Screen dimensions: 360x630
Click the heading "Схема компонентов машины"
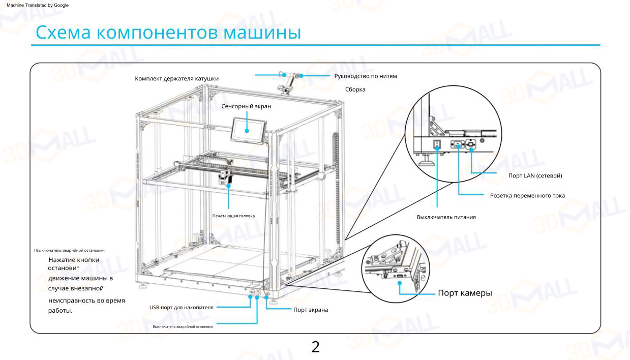click(x=168, y=33)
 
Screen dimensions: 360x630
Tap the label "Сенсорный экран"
click(x=246, y=106)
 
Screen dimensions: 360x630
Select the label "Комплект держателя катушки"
click(x=180, y=78)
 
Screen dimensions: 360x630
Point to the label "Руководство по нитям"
click(x=365, y=76)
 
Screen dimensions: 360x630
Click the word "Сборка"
click(x=355, y=89)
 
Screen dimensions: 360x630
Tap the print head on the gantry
click(x=225, y=178)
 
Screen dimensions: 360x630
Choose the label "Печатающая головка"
click(x=233, y=216)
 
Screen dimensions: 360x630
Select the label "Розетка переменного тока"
click(x=527, y=195)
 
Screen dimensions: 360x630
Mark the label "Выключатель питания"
click(x=446, y=217)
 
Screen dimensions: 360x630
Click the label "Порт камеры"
click(x=465, y=293)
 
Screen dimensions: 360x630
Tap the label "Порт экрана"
click(x=311, y=310)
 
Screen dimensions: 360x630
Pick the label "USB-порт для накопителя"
click(x=181, y=307)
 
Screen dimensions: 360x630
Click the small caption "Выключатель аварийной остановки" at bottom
click(x=183, y=326)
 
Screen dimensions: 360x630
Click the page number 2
click(x=315, y=347)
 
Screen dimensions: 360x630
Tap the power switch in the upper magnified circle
click(x=436, y=144)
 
